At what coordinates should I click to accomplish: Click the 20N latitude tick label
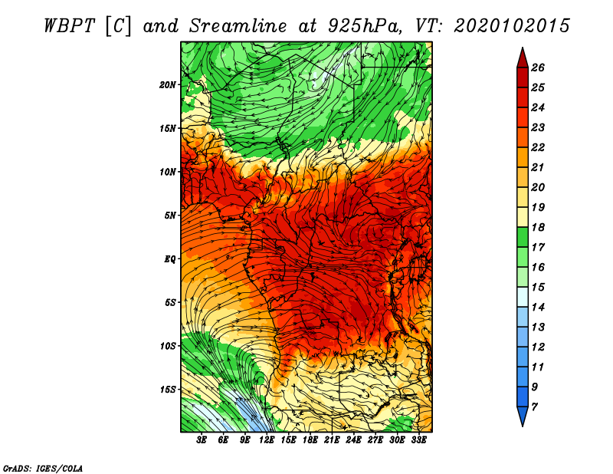pos(167,85)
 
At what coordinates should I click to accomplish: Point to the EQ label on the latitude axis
pos(169,258)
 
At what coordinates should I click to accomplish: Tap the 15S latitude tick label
pos(167,390)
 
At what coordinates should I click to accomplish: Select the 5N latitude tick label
pos(169,216)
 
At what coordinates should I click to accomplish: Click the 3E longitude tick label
pos(202,440)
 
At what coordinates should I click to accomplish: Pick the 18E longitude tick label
pos(310,440)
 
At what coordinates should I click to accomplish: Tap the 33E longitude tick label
pos(418,440)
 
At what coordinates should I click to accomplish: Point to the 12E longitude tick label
pos(267,440)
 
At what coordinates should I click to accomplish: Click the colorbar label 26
pos(538,67)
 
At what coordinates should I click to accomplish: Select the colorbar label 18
pos(538,227)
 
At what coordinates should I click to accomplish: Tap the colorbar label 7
pos(534,407)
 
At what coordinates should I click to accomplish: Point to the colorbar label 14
pos(538,308)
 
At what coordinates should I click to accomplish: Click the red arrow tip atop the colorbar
pos(523,48)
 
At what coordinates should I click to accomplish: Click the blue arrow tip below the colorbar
pos(523,426)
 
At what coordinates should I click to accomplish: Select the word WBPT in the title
pos(70,26)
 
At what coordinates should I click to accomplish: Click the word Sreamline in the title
pos(238,26)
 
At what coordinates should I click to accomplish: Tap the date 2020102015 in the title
pos(512,26)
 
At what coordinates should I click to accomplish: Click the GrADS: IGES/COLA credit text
pos(43,468)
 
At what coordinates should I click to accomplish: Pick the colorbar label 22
pos(538,147)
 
